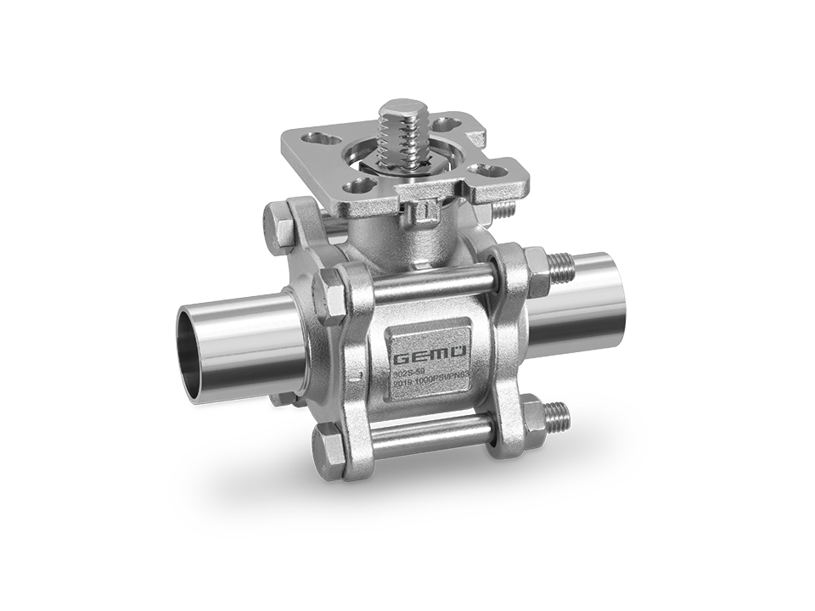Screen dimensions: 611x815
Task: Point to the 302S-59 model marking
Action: click(x=409, y=371)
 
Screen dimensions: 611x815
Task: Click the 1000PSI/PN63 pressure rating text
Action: click(x=430, y=384)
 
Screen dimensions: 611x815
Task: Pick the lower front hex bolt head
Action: click(x=328, y=446)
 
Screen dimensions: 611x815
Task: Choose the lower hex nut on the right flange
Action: click(x=536, y=416)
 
